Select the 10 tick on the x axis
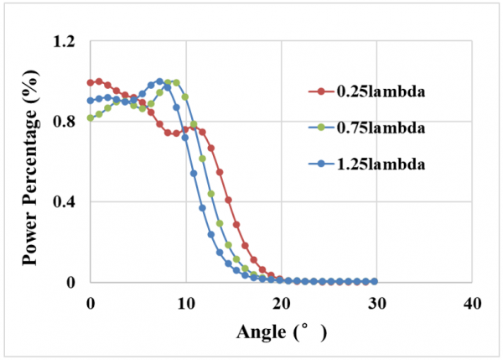185,300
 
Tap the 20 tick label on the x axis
281,300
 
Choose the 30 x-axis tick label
376,300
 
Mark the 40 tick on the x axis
471,300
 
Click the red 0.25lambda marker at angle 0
91,82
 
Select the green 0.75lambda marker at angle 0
91,118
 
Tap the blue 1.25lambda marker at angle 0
91,101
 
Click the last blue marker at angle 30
375,281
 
